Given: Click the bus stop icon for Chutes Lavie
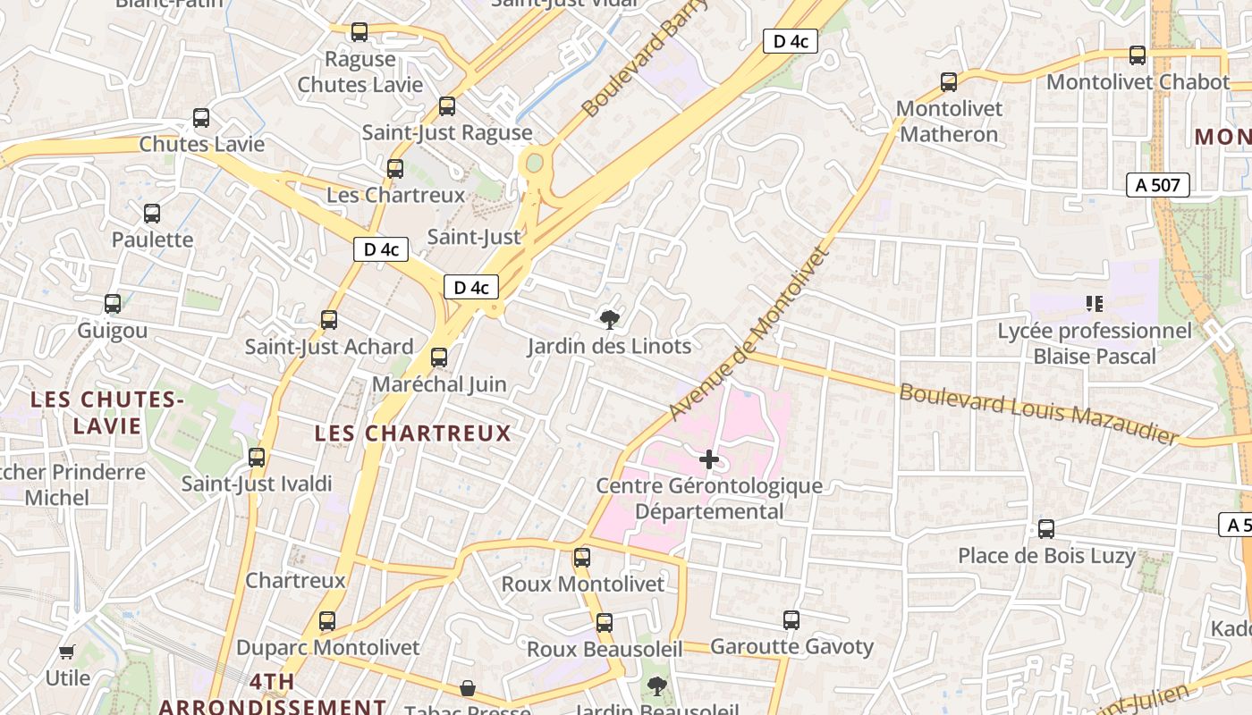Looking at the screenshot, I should coord(201,118).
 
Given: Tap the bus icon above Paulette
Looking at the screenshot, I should coord(152,214).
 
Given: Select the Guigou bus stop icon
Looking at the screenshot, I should coord(113,304).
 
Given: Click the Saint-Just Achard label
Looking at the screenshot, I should coord(329,347).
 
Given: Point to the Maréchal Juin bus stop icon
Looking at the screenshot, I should coord(439,357).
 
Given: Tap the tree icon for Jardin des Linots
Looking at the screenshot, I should coord(609,319).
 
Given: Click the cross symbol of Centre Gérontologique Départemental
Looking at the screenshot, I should coord(709,459).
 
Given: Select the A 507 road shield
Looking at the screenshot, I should coord(1157,185).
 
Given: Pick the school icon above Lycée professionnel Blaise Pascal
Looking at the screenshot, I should coord(1094,304).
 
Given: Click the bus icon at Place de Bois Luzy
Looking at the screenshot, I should coord(1046,529).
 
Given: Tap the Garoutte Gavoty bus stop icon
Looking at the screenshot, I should coord(791,620).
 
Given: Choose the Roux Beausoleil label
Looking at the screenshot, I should coord(605,650).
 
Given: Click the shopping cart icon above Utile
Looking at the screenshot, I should coord(67,652).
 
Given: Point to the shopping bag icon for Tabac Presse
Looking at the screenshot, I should coord(467,688).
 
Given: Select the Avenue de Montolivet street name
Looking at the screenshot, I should coord(749,332).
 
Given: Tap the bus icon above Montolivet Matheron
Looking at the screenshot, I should coord(949,82).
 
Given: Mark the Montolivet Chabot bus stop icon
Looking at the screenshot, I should coord(1138,55).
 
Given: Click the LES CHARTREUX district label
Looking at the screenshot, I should coord(412,434).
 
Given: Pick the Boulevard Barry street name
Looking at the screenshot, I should coord(644,59).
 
